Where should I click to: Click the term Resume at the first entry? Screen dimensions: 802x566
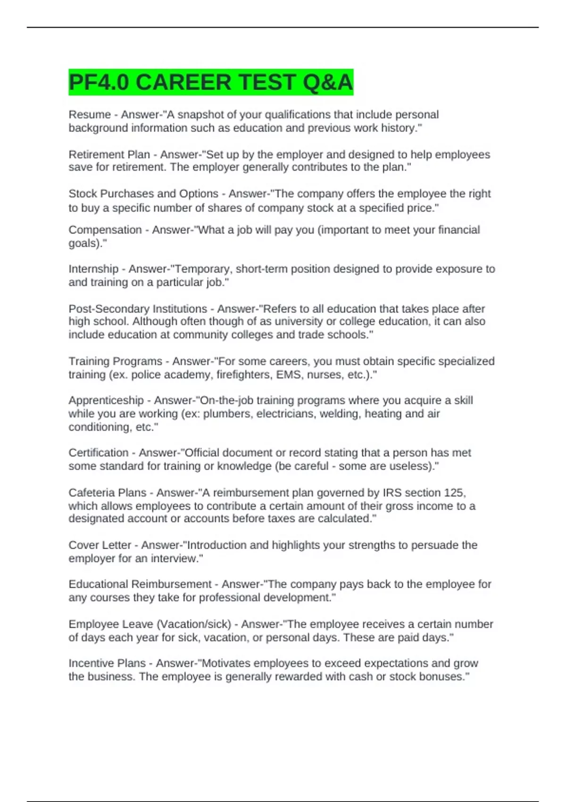click(x=90, y=115)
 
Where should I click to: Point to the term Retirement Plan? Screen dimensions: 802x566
click(x=109, y=155)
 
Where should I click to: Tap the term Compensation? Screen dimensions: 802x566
click(x=105, y=230)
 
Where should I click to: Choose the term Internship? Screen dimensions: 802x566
click(x=93, y=269)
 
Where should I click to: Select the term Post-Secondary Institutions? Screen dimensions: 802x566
click(x=138, y=309)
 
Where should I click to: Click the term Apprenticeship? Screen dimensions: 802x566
click(x=106, y=401)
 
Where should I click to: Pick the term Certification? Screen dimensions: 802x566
click(x=99, y=453)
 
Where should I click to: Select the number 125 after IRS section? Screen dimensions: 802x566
click(x=454, y=493)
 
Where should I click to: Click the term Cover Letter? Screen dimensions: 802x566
click(x=100, y=545)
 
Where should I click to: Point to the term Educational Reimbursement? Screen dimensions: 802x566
click(x=140, y=585)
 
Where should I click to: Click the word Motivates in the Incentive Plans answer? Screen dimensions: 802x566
click(x=226, y=663)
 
